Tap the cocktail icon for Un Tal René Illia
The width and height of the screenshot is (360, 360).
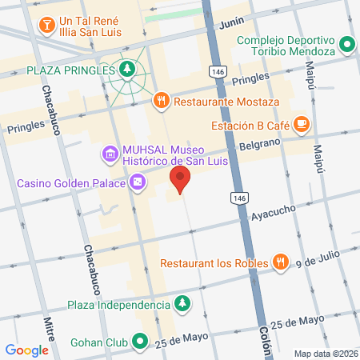(x=47, y=24)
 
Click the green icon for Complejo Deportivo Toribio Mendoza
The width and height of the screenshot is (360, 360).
(x=347, y=46)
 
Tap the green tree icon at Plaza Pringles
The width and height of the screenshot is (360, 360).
(x=126, y=70)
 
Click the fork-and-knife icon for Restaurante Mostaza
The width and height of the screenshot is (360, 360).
(x=162, y=102)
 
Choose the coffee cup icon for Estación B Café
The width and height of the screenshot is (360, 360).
(x=301, y=124)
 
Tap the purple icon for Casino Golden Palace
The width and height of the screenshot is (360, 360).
(x=138, y=184)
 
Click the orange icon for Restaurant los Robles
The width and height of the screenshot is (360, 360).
(x=280, y=262)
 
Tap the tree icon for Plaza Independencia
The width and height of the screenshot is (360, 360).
(x=183, y=304)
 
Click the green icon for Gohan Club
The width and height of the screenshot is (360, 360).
(x=141, y=342)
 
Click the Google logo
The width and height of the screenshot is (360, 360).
(x=26, y=350)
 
